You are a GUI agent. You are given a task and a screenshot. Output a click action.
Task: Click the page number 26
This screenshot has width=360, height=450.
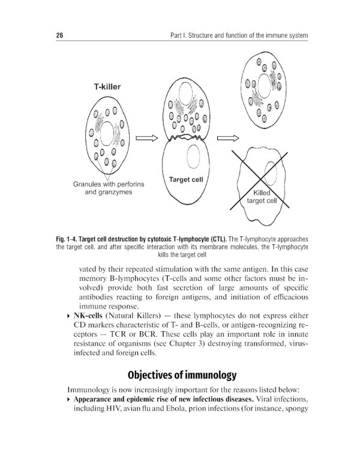(52, 37)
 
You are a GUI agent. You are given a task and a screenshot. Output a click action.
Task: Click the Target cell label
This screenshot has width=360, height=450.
(185, 179)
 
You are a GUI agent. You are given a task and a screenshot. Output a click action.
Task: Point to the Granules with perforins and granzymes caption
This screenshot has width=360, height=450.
(109, 188)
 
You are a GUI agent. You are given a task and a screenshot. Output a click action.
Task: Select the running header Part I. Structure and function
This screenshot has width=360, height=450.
(239, 37)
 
